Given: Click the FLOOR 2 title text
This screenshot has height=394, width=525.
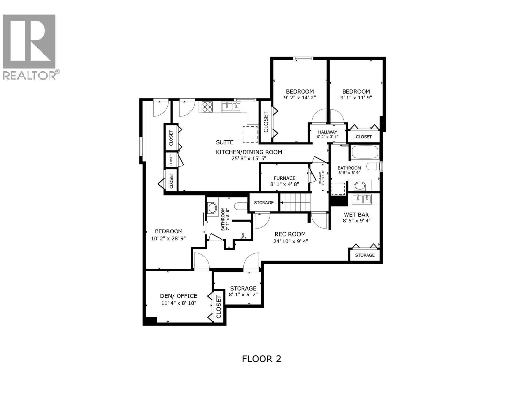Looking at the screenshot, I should pos(262,359).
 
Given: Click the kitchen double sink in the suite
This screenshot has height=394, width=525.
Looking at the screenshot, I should pos(231,107).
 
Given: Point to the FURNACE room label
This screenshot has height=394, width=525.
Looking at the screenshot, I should pos(284,178).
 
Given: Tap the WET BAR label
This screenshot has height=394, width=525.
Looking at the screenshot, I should pos(356,215).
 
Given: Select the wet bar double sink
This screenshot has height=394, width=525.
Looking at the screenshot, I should pos(361,199).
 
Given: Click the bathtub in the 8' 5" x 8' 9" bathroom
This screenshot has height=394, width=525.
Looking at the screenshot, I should pos(365,152).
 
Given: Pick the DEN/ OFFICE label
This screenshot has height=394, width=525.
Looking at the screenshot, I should pos(178,296).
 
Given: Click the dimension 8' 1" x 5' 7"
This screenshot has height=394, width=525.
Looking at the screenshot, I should pos(243,295).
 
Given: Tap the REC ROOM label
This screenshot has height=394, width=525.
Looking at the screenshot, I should pos(290,234).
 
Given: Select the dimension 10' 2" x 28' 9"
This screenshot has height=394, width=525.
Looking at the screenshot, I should pos(169,238).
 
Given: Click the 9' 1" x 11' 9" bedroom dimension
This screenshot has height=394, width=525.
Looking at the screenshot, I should pos(356,98).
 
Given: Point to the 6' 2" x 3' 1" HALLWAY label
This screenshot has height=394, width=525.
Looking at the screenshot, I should pos(327,132).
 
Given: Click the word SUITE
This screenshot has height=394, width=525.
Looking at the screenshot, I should pos(224,142).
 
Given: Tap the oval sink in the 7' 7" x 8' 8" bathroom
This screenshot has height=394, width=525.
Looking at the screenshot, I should pos(212,208).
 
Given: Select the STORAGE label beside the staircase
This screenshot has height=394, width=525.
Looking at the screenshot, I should pos(263,203).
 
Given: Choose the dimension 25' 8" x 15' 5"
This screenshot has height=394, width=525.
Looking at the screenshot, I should pos(248,158).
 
